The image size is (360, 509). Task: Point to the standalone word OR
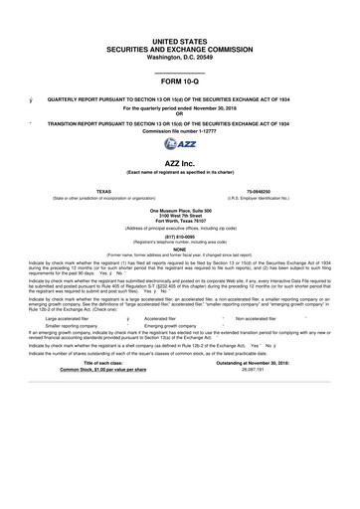pos(180,112)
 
